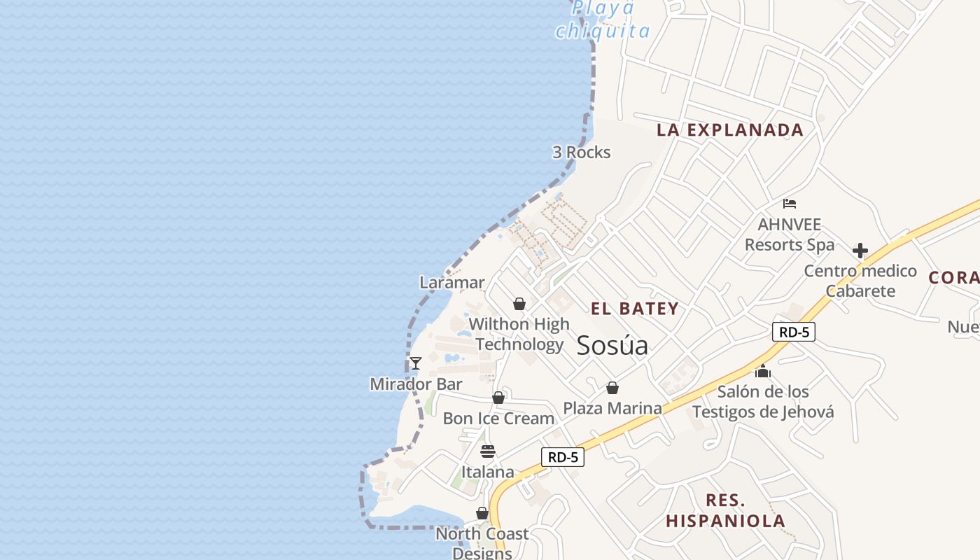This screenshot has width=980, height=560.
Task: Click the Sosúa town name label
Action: pyautogui.click(x=612, y=346)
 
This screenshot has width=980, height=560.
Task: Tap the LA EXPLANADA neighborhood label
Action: pyautogui.click(x=729, y=130)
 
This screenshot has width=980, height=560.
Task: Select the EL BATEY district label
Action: pyautogui.click(x=634, y=309)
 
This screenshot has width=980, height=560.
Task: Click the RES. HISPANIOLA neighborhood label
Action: pyautogui.click(x=725, y=511)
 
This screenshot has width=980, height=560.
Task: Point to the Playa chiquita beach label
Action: pyautogui.click(x=602, y=20)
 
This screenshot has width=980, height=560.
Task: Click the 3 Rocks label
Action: pyautogui.click(x=581, y=153)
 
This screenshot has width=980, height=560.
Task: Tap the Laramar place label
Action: pyautogui.click(x=451, y=283)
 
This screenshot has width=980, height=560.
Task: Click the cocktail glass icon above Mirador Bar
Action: pyautogui.click(x=415, y=363)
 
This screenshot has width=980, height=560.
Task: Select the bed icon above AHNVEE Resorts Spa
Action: pyautogui.click(x=790, y=204)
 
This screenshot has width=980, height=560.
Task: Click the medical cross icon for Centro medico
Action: pyautogui.click(x=860, y=251)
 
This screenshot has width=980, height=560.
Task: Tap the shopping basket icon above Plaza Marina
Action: pyautogui.click(x=612, y=388)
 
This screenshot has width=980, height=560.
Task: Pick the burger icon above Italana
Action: pyautogui.click(x=487, y=451)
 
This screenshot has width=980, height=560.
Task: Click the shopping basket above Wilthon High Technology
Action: pyautogui.click(x=519, y=304)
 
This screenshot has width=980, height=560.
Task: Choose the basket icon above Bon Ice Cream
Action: pyautogui.click(x=498, y=398)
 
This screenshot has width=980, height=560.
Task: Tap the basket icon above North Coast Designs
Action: pyautogui.click(x=482, y=514)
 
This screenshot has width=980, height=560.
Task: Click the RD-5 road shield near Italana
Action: pyautogui.click(x=563, y=457)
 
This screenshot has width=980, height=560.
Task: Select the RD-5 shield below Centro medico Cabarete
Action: pyautogui.click(x=794, y=332)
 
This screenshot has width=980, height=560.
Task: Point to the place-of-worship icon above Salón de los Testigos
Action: pyautogui.click(x=763, y=371)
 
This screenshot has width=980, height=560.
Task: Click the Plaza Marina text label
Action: pyautogui.click(x=612, y=408)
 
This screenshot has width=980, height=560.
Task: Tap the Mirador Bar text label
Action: pyautogui.click(x=416, y=384)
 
